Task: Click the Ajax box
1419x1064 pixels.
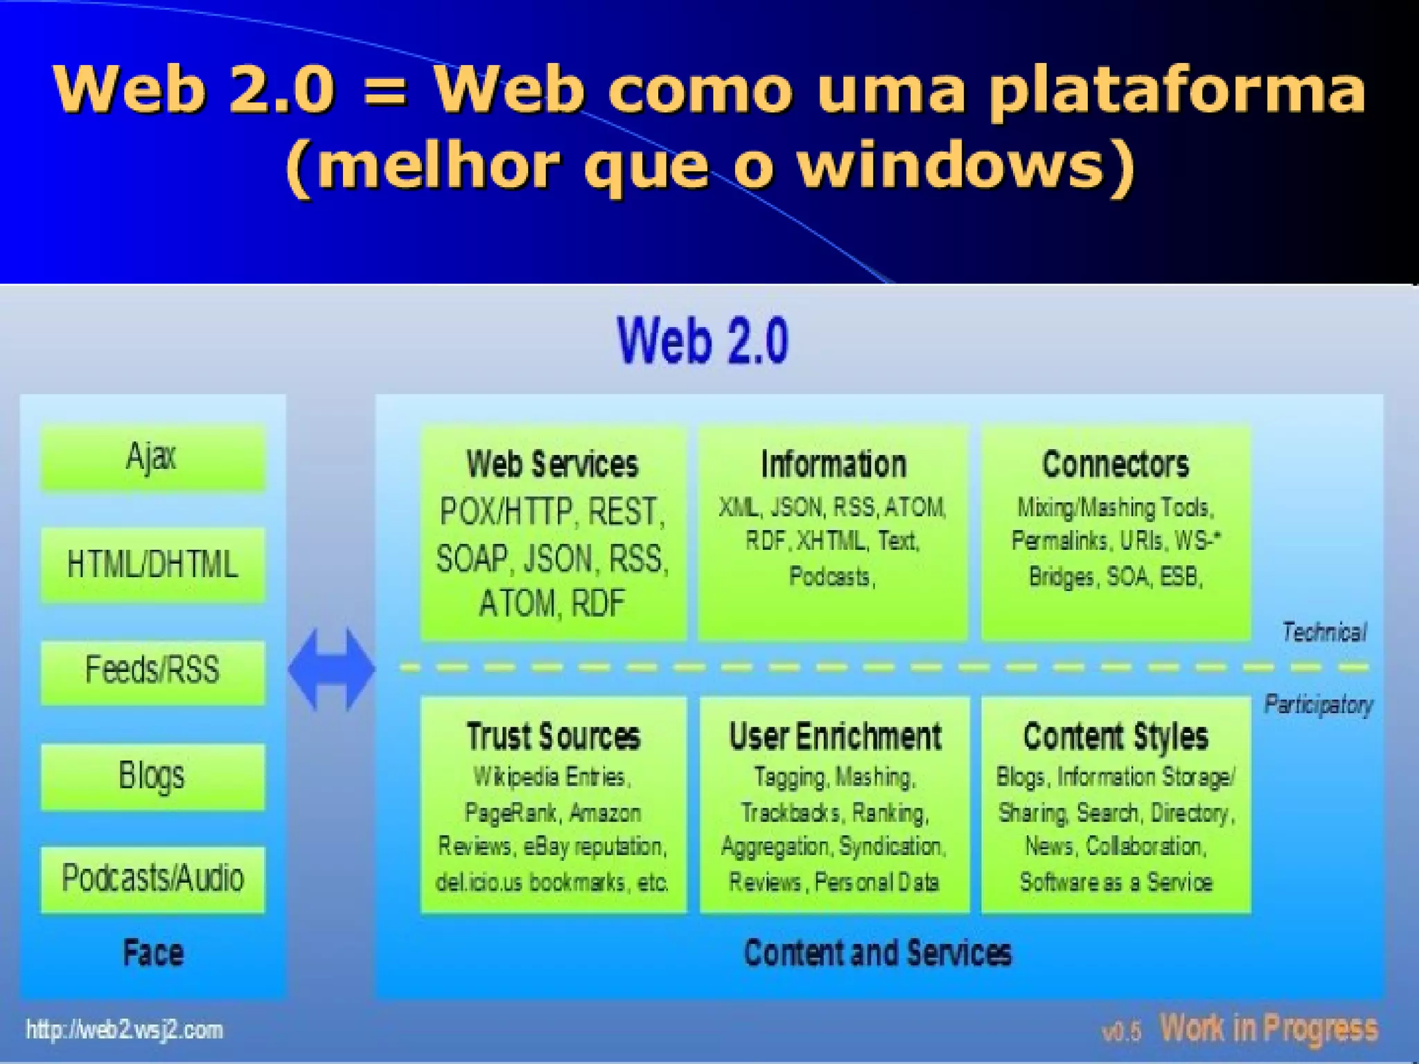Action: [x=152, y=458]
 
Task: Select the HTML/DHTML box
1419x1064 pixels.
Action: [x=152, y=564]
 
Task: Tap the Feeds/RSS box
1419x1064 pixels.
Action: [x=152, y=671]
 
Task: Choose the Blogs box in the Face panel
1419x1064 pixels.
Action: [x=152, y=776]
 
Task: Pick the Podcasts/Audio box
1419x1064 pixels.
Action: [x=152, y=878]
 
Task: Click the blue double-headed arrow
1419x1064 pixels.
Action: [x=331, y=669]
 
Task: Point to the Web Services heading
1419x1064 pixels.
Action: [x=552, y=464]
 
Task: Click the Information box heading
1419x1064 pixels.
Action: [x=834, y=464]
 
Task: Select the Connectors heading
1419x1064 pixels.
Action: [x=1116, y=464]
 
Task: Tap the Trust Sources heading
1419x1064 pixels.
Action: [x=553, y=736]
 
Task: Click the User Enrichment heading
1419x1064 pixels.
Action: [x=835, y=736]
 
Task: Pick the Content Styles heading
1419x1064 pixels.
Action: [x=1116, y=736]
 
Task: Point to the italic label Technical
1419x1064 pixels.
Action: [x=1323, y=632]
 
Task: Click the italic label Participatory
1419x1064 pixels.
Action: [x=1318, y=704]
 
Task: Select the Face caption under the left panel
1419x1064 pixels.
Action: [x=153, y=952]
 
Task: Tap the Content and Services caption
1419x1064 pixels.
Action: [x=877, y=952]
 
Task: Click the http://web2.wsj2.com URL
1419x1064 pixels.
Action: [x=125, y=1030]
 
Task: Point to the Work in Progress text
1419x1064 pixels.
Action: [x=1269, y=1029]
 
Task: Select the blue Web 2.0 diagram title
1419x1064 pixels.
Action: [x=703, y=340]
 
